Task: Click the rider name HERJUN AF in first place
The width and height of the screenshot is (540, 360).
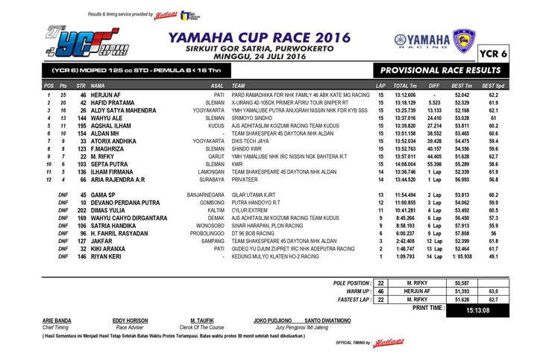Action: (106, 96)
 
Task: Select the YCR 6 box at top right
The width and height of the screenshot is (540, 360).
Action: (511, 54)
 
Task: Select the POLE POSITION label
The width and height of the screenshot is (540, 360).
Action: (350, 283)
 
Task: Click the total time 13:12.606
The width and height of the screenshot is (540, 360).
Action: (405, 96)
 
